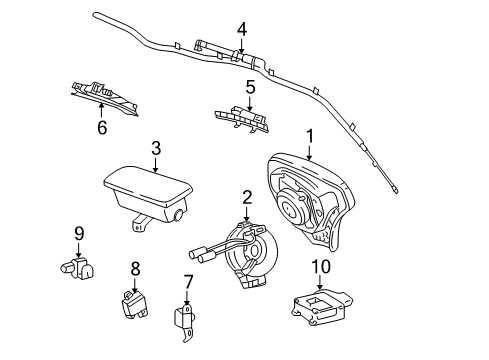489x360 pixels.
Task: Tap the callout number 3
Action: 155,148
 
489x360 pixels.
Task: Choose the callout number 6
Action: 101,127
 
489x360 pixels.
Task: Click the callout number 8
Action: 135,267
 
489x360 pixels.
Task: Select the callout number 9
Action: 77,235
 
